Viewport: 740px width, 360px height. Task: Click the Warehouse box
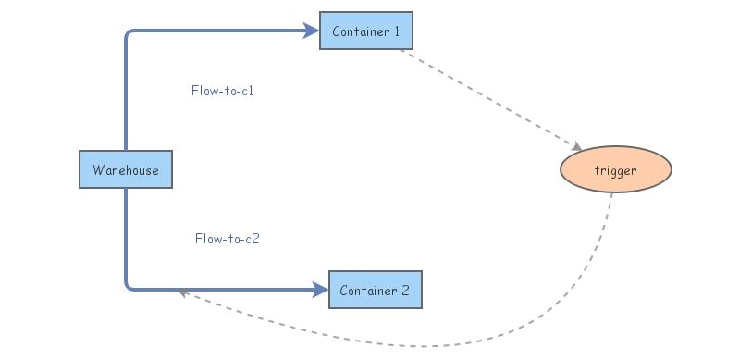(126, 169)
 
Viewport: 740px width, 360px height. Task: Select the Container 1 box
(365, 31)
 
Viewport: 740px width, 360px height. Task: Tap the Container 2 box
(376, 290)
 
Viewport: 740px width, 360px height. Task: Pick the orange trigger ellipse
(615, 169)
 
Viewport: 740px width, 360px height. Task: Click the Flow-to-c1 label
(222, 91)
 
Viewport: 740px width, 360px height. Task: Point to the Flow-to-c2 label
(227, 238)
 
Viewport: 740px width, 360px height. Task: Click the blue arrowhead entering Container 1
(312, 31)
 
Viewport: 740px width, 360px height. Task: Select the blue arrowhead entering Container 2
(322, 290)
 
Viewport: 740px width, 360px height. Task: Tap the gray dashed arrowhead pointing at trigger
(576, 146)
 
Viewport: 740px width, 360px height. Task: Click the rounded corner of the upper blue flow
(129, 34)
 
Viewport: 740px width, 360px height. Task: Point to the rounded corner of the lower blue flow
(129, 286)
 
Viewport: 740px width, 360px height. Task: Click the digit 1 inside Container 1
(397, 31)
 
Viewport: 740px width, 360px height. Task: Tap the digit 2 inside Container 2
(406, 291)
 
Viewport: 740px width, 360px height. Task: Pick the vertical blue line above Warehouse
(126, 93)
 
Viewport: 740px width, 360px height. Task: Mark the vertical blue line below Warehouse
(126, 236)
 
